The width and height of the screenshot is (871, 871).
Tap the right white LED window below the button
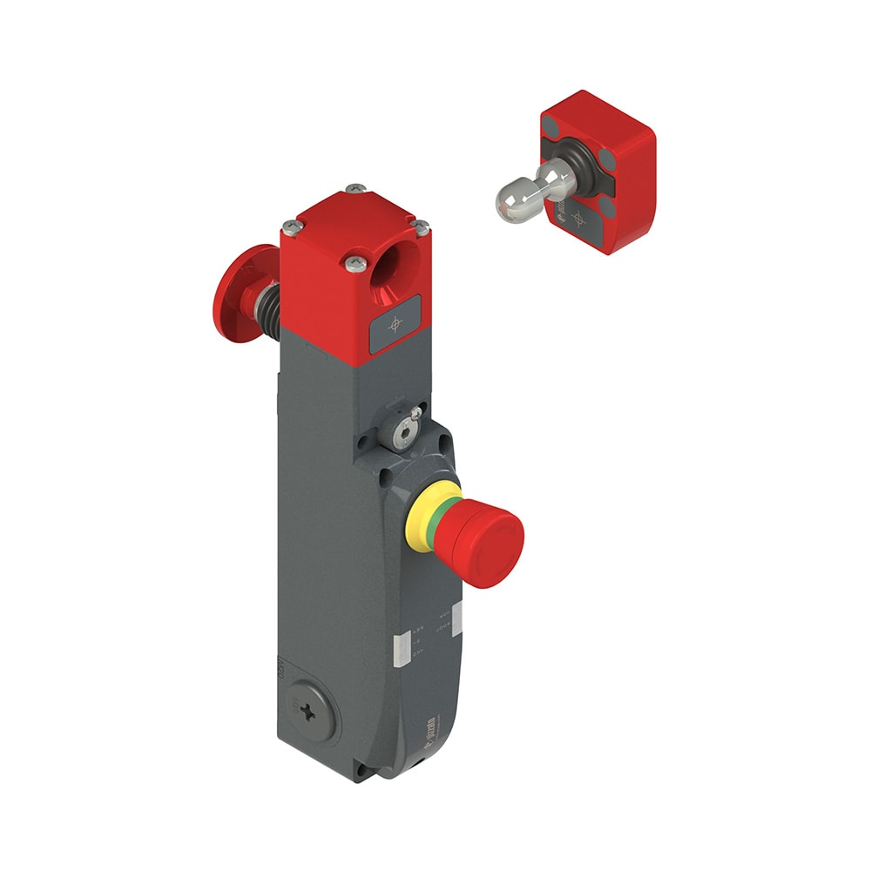tap(456, 615)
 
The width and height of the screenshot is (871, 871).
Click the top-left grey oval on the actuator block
tap(554, 128)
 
